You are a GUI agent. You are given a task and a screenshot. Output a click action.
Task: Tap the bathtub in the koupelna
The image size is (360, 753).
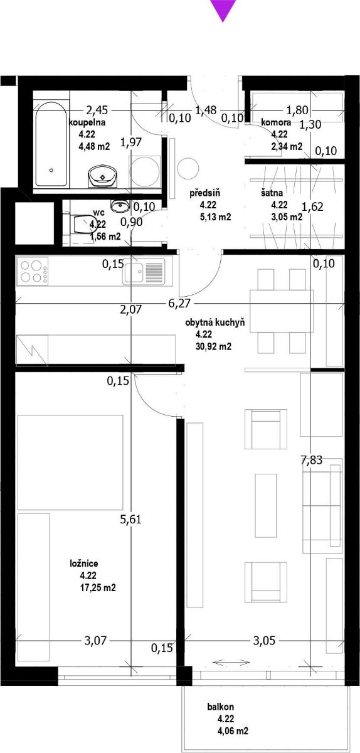click(51, 144)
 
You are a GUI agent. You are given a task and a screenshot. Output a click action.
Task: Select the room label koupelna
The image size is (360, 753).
click(87, 122)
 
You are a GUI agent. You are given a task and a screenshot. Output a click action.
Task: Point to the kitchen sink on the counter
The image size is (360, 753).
click(144, 272)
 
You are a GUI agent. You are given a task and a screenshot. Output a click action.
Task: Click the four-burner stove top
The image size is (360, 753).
click(32, 271)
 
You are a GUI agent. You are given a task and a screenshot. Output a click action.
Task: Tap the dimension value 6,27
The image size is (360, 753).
click(179, 303)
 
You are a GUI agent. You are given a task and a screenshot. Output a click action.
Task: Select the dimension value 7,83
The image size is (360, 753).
click(312, 460)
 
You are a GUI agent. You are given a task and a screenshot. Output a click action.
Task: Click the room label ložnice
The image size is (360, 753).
click(84, 563)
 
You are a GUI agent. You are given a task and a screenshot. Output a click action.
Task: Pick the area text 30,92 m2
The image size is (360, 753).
click(213, 346)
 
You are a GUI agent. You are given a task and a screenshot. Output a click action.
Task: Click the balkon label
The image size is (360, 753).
click(221, 707)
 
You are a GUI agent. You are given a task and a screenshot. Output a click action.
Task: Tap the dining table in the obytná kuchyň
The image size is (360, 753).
click(282, 311)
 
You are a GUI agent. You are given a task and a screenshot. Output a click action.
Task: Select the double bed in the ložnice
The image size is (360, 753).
click(70, 462)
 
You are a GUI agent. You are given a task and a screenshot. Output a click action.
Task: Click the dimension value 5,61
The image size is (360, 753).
click(130, 520)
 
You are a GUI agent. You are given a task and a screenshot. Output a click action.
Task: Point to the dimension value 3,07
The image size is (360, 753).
click(95, 641)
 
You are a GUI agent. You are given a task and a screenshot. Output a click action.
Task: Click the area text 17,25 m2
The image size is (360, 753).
click(97, 587)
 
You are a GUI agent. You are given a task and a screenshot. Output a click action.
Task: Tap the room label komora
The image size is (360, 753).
click(276, 122)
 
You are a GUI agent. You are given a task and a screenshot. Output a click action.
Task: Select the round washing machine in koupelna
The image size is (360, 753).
click(145, 172)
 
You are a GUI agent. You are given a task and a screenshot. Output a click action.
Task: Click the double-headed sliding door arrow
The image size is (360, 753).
click(231, 662)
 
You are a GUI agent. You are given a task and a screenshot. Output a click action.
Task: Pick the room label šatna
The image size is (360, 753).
click(272, 193)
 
